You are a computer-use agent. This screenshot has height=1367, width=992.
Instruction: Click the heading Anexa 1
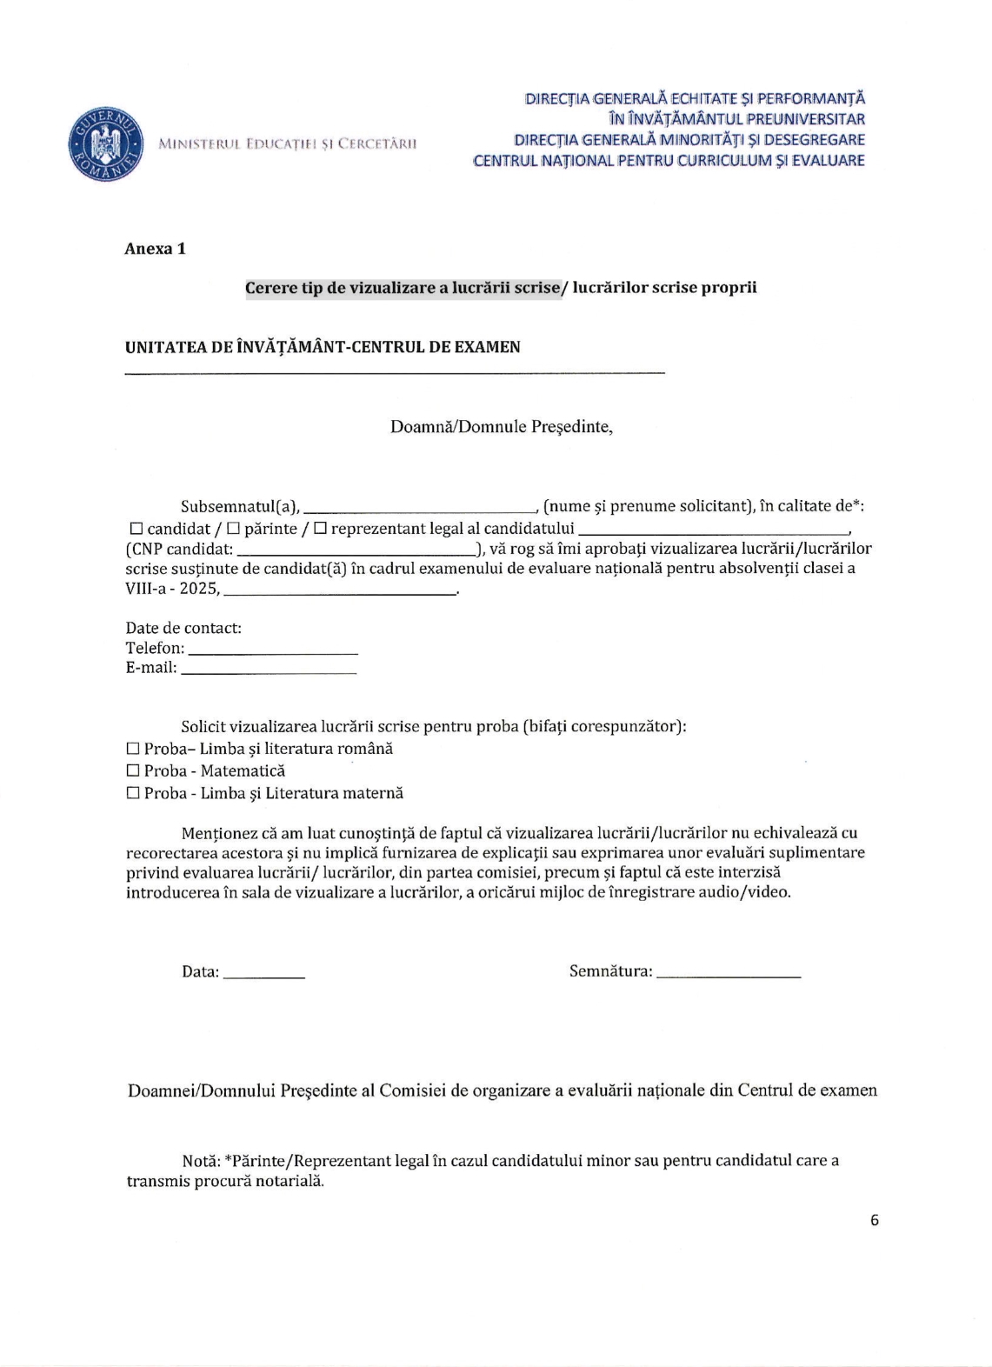coord(155,249)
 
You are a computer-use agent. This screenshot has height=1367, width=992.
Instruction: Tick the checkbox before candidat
coord(136,529)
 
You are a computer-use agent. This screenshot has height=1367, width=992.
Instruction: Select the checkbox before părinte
coord(233,529)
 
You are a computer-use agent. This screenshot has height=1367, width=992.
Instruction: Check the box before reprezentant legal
coord(320,529)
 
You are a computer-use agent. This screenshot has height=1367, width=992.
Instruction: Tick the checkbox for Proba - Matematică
coord(133,770)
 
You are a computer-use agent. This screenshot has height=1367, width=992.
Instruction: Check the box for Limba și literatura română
coord(133,749)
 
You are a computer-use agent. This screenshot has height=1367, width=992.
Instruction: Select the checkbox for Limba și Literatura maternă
coord(133,793)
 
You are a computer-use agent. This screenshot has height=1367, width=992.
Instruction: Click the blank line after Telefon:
coord(273,650)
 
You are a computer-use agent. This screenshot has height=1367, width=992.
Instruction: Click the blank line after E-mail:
coord(269,670)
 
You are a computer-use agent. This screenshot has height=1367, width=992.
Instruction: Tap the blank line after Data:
coord(263,976)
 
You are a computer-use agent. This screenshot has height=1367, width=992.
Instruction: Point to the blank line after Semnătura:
coord(728,976)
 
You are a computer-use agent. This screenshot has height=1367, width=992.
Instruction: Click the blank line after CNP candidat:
coord(356,551)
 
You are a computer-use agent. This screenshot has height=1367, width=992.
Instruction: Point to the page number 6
coord(874,1220)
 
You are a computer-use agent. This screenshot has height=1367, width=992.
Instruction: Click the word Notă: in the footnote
coord(201,1161)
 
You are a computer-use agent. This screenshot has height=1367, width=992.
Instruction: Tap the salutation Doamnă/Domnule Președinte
coord(501,427)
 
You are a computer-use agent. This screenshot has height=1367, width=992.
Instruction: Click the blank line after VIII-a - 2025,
coord(340,591)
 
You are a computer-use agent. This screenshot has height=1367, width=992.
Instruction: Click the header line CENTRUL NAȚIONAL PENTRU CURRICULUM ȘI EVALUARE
coord(669,161)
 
